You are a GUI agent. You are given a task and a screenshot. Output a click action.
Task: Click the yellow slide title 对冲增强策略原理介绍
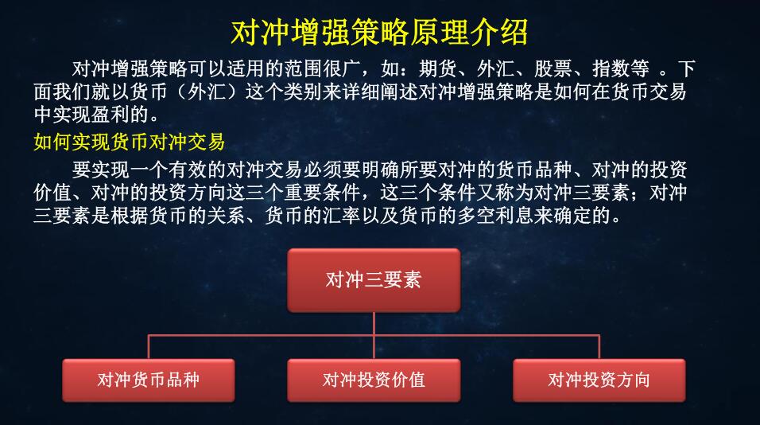coord(379,33)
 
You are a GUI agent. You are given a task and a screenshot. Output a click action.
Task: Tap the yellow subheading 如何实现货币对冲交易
coord(130,142)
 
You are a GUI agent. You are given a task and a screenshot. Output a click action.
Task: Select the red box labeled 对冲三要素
coord(374,280)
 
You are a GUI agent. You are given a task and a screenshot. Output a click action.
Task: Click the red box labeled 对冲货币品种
coord(149,380)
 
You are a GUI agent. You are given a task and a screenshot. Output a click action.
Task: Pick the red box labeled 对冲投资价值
coord(374,380)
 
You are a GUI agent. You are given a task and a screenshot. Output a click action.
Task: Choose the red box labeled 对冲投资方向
coord(599,380)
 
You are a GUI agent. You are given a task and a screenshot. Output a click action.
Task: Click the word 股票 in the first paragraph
coord(553,69)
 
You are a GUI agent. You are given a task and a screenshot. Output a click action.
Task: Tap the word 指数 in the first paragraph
coord(611,69)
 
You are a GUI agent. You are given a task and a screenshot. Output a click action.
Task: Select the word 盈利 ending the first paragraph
coord(110,115)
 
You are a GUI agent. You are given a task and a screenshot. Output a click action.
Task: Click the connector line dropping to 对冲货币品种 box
coord(149,347)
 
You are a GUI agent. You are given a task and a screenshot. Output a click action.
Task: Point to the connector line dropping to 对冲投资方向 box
coord(599,347)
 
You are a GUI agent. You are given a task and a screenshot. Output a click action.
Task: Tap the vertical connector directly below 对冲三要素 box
coord(374,324)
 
